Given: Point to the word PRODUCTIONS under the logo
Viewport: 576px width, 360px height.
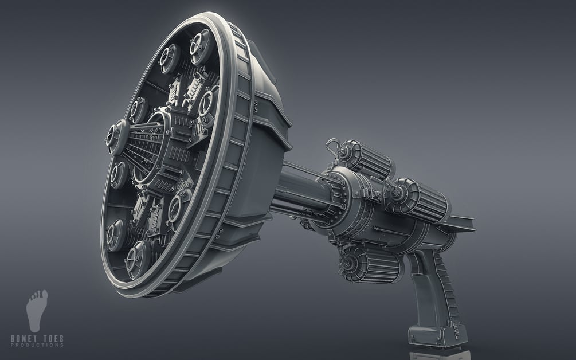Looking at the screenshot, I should [37, 345].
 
